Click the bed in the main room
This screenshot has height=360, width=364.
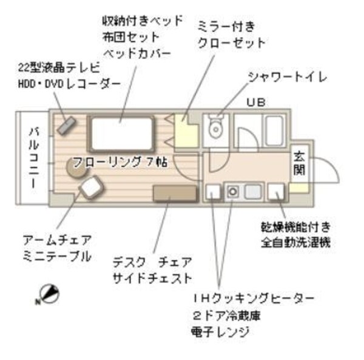click(121, 134)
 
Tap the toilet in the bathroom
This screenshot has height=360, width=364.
click(214, 129)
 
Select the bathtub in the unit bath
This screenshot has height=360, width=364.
click(274, 129)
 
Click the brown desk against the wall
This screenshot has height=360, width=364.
click(175, 193)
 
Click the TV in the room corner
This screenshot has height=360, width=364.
click(65, 124)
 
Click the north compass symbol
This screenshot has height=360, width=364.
click(50, 294)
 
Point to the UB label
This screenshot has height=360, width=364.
click(255, 101)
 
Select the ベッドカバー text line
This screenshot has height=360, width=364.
click(136, 53)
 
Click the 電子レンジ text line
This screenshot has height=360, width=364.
click(220, 332)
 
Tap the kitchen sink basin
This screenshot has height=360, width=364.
click(252, 192)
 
